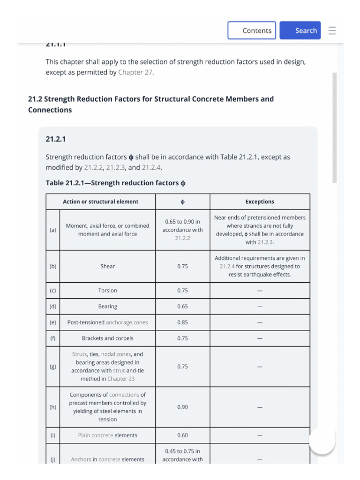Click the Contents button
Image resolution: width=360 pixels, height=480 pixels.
[252, 30]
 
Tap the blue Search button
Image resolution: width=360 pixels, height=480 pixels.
[300, 30]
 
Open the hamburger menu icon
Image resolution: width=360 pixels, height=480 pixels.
[332, 30]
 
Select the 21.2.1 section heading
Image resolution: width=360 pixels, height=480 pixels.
[55, 139]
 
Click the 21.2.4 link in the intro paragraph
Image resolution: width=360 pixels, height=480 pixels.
[152, 167]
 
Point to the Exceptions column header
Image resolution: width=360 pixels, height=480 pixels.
[260, 202]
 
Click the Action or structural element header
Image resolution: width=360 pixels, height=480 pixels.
[100, 202]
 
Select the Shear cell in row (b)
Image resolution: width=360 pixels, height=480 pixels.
[107, 266]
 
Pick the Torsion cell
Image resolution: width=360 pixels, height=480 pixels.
[107, 291]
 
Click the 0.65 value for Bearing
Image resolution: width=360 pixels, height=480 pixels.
[182, 307]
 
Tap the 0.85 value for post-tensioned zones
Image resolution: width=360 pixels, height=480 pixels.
[182, 322]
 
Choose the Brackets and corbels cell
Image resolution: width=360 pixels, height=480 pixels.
[107, 338]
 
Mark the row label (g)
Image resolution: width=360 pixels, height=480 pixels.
[53, 367]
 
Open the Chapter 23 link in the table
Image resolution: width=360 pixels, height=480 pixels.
[120, 379]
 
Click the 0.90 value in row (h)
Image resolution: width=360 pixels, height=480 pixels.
[182, 407]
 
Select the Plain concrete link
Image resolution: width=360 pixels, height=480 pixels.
[96, 435]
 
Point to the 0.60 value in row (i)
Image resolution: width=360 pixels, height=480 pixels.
[182, 435]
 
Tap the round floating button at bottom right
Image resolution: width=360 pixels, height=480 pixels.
[322, 441]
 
